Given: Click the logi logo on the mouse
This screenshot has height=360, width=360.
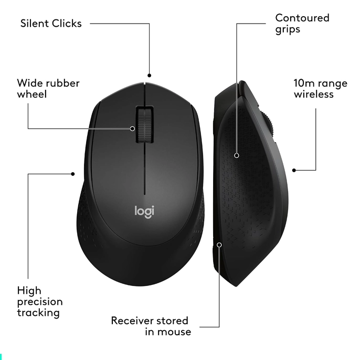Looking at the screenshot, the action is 144,211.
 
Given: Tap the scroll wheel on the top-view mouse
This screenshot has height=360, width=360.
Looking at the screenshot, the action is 145,124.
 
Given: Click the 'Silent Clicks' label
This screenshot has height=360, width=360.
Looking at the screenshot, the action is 51,24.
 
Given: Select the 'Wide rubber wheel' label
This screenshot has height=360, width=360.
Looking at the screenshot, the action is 48,89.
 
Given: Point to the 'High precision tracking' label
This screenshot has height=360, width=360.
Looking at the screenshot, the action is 40,302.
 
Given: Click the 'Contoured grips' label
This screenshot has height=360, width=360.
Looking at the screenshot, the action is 302,24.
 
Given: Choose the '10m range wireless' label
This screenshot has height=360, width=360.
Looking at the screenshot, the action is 321,89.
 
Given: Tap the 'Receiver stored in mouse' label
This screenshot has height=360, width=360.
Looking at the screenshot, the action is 151,326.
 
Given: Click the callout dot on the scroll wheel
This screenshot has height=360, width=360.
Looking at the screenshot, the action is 132,129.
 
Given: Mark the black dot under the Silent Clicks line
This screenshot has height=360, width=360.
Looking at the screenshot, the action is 149,76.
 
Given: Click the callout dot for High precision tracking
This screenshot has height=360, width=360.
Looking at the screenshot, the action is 73,174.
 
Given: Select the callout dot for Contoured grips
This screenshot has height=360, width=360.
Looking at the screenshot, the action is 237,155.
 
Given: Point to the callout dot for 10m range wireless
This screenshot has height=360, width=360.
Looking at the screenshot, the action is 294,170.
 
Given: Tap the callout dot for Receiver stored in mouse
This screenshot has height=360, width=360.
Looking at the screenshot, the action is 219,245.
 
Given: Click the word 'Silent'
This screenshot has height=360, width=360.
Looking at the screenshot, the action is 34,24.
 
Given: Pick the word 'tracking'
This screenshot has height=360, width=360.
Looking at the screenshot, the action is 38,313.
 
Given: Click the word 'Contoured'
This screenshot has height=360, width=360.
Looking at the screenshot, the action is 302,18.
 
